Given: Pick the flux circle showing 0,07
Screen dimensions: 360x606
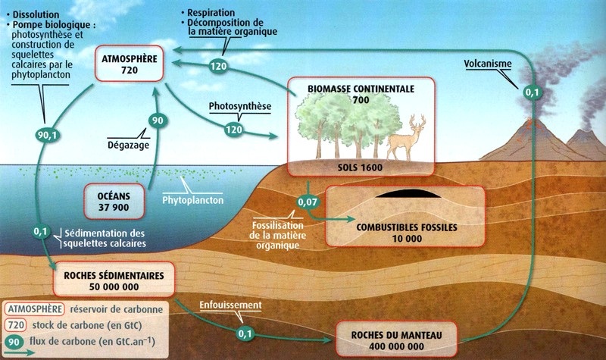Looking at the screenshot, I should coord(308,202).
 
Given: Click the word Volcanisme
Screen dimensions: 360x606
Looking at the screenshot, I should coord(489,64).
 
